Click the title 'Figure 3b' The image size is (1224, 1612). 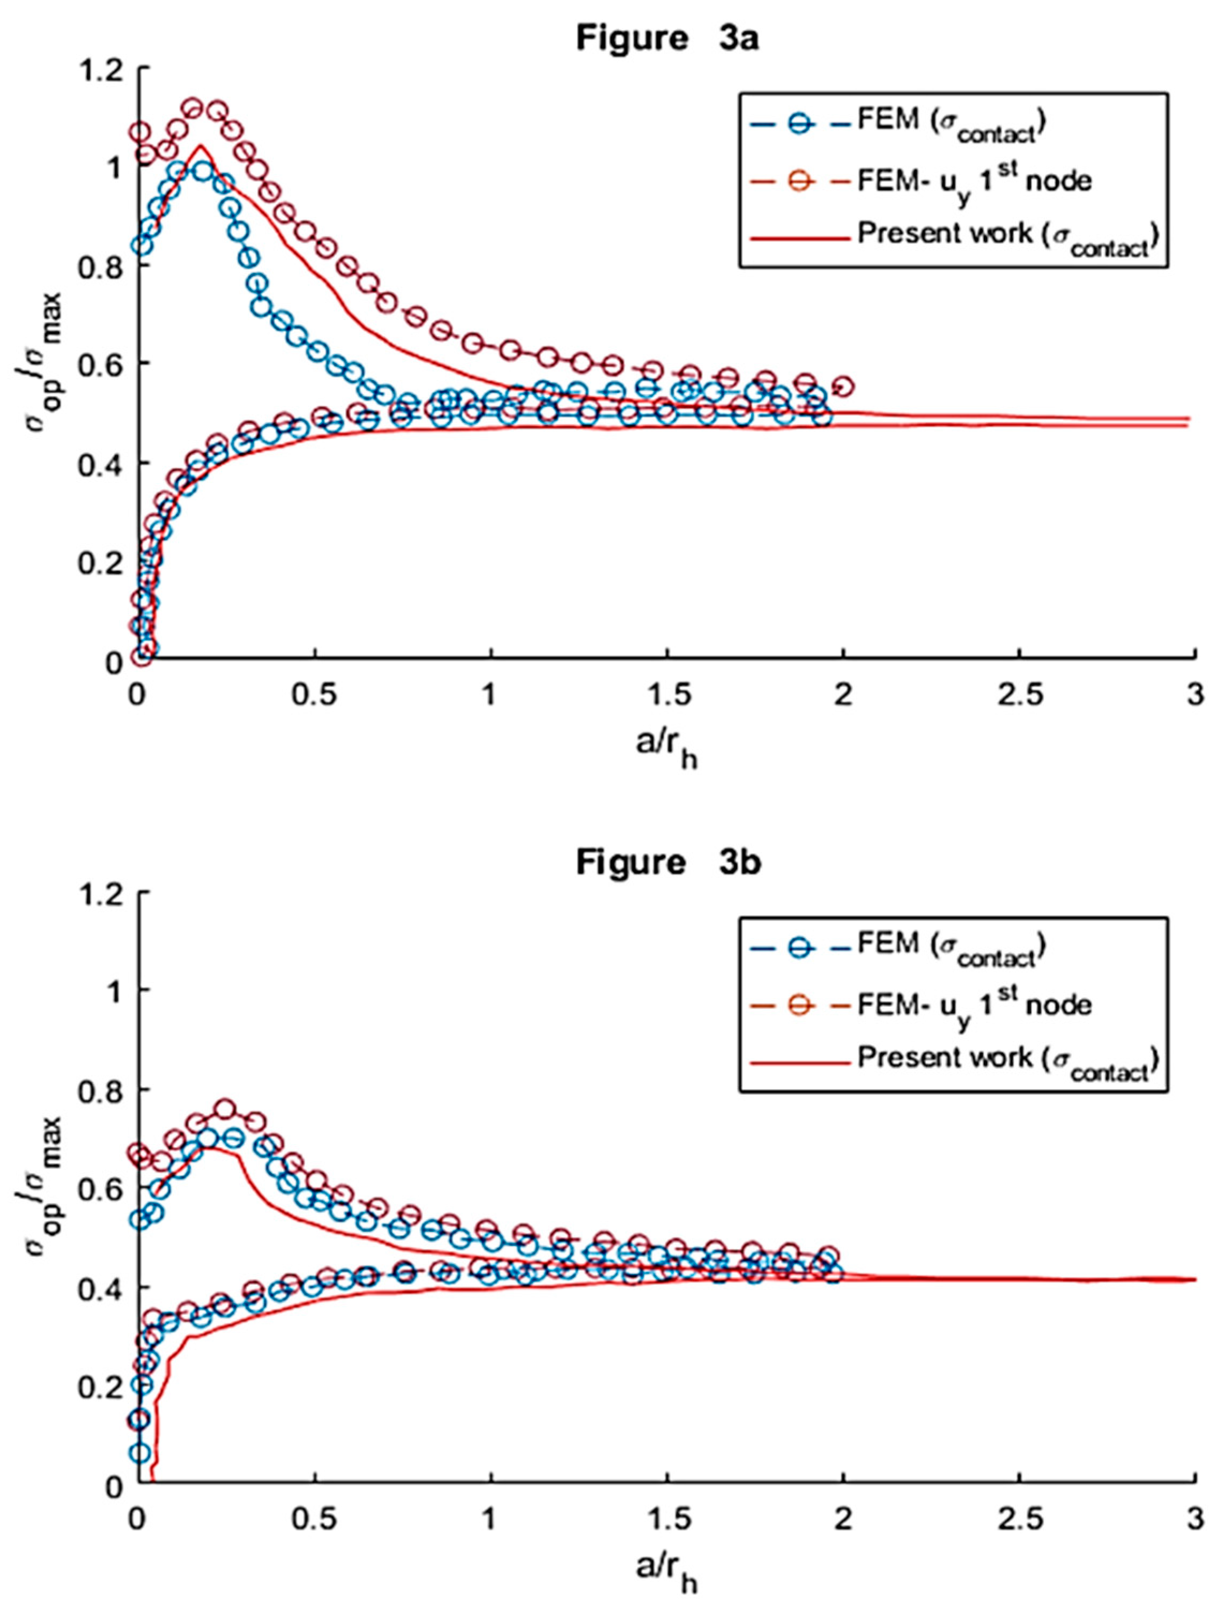click(x=668, y=862)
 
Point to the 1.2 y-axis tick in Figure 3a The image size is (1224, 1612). click(x=108, y=68)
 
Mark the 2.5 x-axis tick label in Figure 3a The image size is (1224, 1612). click(x=1019, y=695)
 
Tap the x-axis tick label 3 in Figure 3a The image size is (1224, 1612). click(x=1194, y=695)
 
